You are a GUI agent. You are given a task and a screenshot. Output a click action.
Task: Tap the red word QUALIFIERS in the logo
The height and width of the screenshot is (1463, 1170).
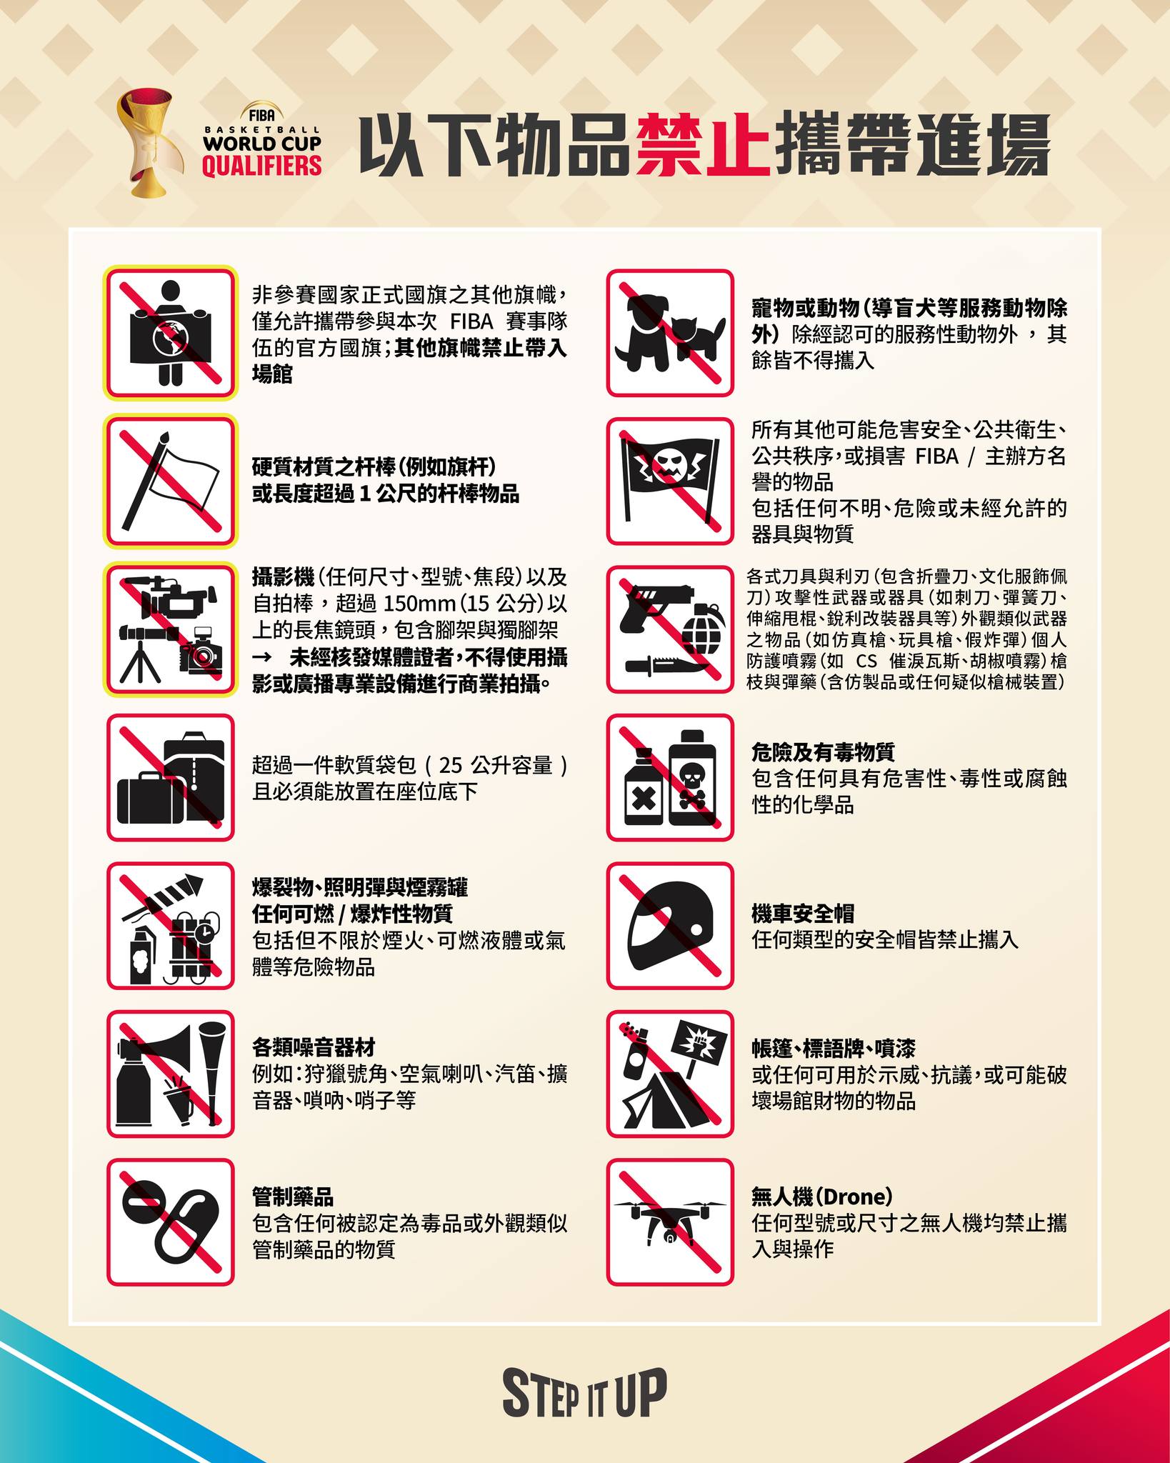[261, 166]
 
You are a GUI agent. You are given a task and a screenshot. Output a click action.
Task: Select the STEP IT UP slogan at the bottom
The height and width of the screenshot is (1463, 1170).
[585, 1392]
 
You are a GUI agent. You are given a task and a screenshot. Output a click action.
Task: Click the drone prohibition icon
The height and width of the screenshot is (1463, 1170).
[670, 1222]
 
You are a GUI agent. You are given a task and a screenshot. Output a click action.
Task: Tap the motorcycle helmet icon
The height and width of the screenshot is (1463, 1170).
[671, 925]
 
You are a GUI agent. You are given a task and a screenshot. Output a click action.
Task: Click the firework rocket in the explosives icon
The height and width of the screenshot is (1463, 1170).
[169, 897]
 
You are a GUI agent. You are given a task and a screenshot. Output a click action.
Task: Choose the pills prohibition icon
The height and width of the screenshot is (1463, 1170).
[171, 1222]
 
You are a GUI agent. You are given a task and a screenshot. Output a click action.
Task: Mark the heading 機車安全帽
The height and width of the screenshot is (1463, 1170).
[802, 912]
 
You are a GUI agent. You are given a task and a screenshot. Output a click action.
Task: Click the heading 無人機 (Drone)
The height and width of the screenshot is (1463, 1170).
[822, 1195]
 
